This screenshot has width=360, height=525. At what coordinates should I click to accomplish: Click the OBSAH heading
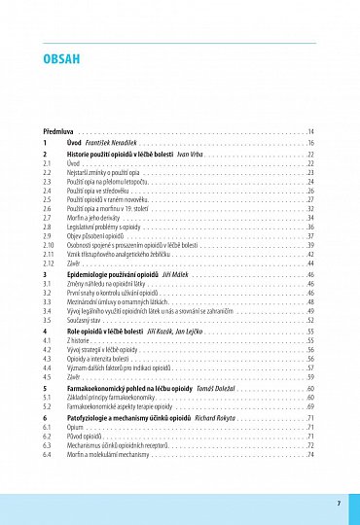pyautogui.click(x=60, y=58)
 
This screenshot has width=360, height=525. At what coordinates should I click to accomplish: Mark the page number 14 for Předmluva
pyautogui.click(x=310, y=130)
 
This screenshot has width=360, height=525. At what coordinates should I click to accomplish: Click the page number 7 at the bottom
pyautogui.click(x=338, y=503)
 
